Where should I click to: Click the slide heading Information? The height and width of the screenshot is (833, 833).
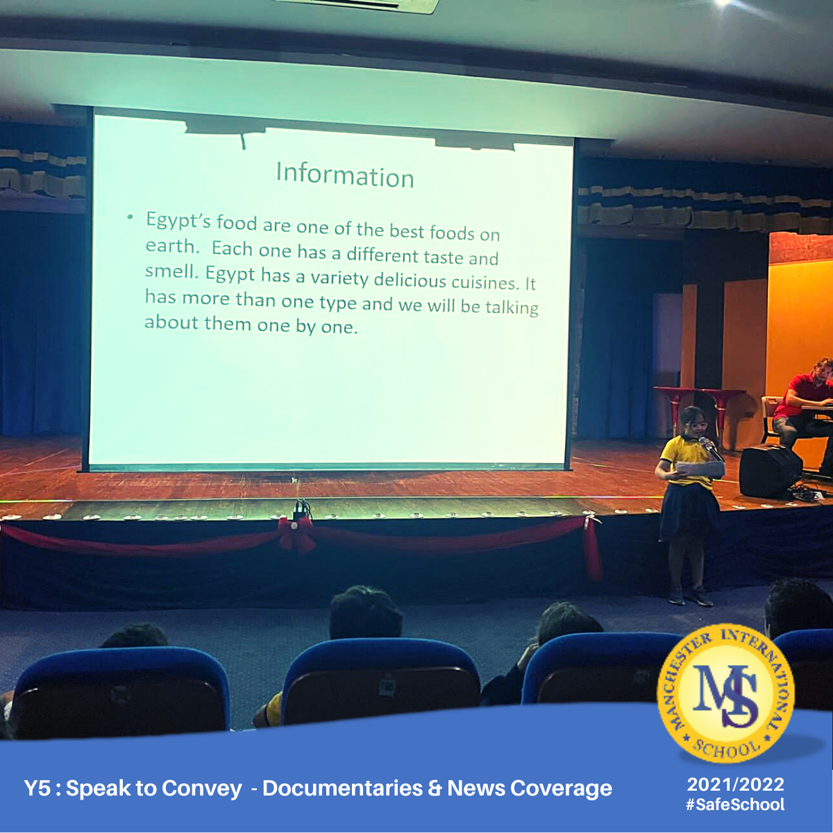(x=344, y=175)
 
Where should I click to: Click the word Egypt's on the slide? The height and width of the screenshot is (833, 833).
(x=178, y=221)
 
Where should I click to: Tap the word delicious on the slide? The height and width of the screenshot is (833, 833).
(x=410, y=280)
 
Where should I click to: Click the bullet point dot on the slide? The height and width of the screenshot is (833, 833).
(x=130, y=217)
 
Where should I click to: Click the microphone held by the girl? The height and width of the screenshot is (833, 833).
(x=710, y=448)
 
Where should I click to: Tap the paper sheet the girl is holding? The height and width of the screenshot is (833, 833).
(x=700, y=469)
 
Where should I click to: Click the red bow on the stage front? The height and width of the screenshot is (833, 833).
(x=296, y=535)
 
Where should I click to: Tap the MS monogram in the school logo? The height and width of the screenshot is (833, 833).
(x=726, y=695)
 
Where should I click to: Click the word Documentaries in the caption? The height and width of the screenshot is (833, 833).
(x=342, y=788)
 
